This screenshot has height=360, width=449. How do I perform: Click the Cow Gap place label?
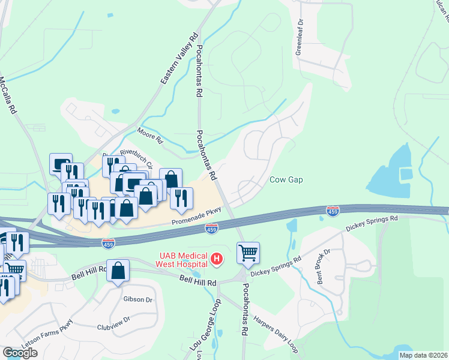click(285, 180)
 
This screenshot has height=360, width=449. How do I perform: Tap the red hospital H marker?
click(218, 259)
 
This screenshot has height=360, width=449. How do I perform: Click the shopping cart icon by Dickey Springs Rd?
click(248, 253)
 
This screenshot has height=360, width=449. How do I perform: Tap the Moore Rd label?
click(149, 134)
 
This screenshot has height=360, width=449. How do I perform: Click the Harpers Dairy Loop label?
click(276, 326)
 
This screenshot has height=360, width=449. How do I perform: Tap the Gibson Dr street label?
click(133, 298)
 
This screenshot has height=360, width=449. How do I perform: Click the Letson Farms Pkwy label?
click(50, 341)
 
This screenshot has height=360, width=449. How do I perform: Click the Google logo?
click(20, 352)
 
